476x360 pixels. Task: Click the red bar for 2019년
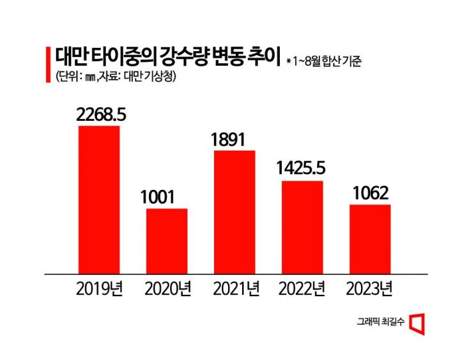coord(98,200)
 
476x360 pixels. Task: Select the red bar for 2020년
coord(167,241)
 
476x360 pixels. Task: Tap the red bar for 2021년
coord(234,212)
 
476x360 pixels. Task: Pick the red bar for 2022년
coord(302,227)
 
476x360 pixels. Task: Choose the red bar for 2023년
coord(370,239)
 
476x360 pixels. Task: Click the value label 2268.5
coord(100,114)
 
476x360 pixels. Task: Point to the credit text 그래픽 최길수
coord(380,324)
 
